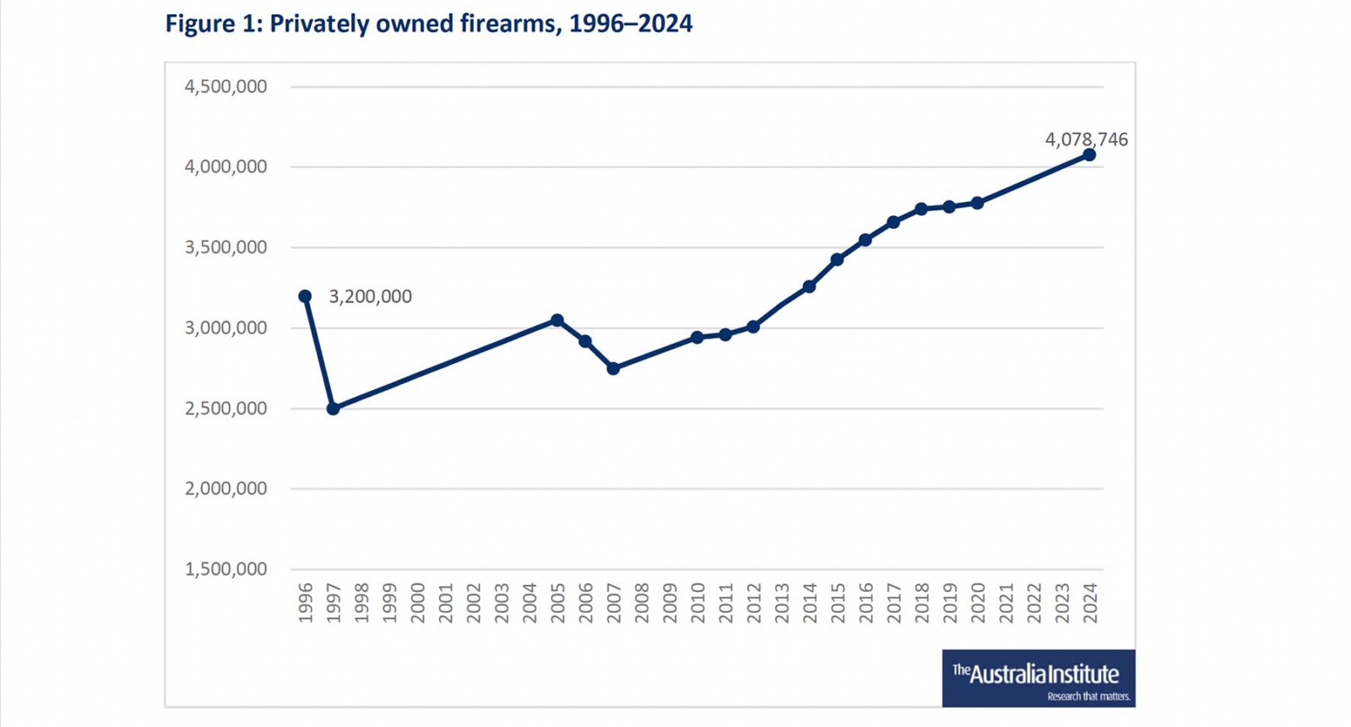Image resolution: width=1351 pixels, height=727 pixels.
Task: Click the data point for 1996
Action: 305,296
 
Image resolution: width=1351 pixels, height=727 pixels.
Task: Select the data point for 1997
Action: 333,409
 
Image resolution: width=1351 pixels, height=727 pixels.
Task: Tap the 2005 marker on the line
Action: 557,321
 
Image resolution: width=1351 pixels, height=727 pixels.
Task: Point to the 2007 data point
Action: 613,369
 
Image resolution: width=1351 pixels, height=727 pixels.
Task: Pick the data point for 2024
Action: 1089,155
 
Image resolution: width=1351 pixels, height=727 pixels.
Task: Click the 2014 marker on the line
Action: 809,287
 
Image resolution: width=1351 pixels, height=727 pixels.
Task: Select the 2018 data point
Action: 921,209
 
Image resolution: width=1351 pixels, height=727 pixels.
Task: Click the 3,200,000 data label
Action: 370,296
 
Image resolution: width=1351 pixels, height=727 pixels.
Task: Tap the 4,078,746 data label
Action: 1086,139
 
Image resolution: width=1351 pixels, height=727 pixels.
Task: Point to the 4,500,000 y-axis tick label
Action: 225,86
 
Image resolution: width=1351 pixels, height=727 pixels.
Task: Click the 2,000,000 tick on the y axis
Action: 225,488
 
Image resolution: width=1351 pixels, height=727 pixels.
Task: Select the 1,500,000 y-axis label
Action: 225,569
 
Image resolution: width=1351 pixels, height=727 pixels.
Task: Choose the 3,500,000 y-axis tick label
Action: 225,247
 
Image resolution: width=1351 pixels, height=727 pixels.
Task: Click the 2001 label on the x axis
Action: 446,603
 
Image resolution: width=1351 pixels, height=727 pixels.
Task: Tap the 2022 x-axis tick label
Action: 1034,603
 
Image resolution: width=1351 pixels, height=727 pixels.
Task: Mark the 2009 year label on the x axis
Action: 670,603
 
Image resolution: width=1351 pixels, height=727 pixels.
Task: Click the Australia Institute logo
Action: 1038,678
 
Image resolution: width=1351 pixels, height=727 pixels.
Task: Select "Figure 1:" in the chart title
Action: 213,24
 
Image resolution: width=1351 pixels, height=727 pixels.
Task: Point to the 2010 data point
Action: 697,338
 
